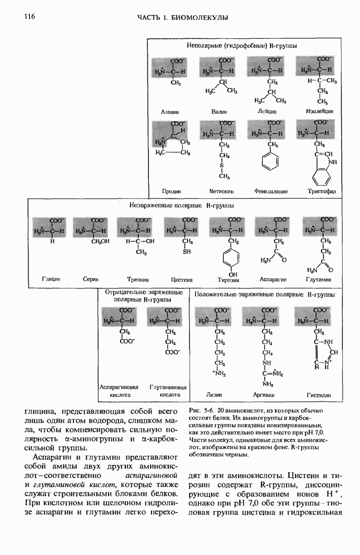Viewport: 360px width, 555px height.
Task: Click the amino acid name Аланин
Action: (170, 111)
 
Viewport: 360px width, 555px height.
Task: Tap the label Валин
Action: (218, 111)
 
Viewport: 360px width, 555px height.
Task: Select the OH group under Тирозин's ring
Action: (233, 274)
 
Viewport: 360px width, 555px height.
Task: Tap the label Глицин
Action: (51, 279)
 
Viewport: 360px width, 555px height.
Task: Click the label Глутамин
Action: (319, 279)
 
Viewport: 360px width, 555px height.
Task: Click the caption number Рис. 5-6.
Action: (202, 411)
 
